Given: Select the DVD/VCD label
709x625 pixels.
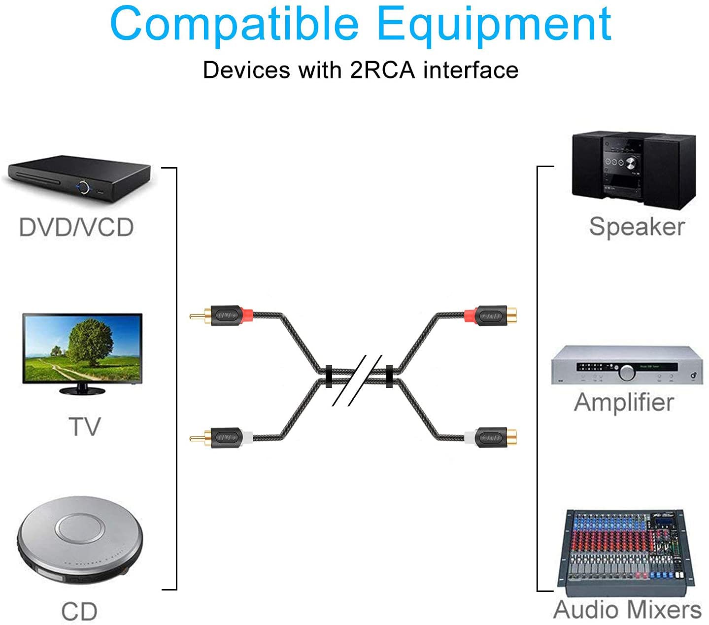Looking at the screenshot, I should (76, 228).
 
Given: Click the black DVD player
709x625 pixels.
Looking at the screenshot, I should (79, 178).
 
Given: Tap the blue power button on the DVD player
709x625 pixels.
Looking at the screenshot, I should (83, 187).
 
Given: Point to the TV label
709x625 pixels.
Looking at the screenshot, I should (84, 426).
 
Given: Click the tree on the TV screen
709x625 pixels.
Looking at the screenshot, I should (90, 340).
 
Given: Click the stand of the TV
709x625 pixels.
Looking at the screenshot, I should (82, 389).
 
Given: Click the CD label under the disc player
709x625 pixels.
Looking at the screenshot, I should (79, 612).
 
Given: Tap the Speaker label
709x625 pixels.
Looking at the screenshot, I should (637, 227).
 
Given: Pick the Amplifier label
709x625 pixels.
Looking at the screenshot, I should (624, 402).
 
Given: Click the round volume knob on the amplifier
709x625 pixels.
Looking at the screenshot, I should (627, 372).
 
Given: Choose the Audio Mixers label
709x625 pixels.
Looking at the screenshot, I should (627, 610).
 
